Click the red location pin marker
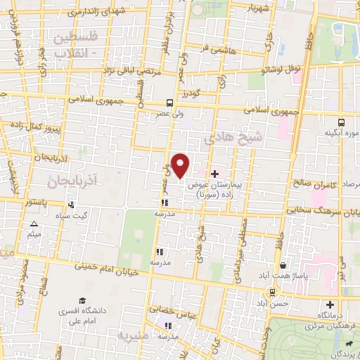tap(181, 165)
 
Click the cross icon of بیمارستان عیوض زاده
tap(214, 173)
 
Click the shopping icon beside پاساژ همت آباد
tap(283, 265)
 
